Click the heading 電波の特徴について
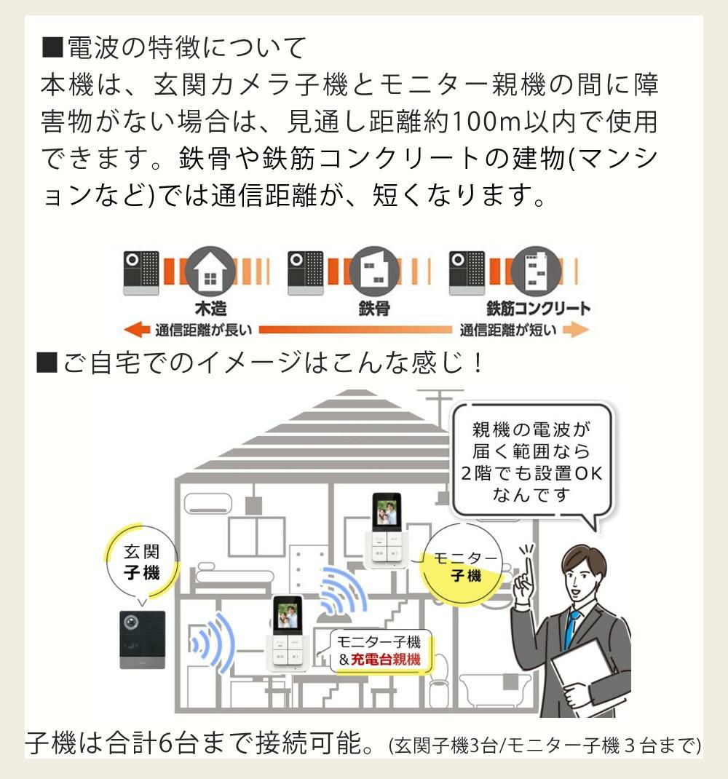pyautogui.click(x=175, y=48)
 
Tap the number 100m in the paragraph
pyautogui.click(x=483, y=121)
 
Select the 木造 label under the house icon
pyautogui.click(x=210, y=308)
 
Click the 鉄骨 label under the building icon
pyautogui.click(x=374, y=308)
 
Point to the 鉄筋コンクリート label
pyautogui.click(x=539, y=308)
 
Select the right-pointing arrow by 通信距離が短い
pyautogui.click(x=575, y=331)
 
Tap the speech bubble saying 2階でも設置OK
pyautogui.click(x=531, y=462)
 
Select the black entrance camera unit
pyautogui.click(x=142, y=639)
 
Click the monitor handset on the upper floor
pyautogui.click(x=387, y=530)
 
